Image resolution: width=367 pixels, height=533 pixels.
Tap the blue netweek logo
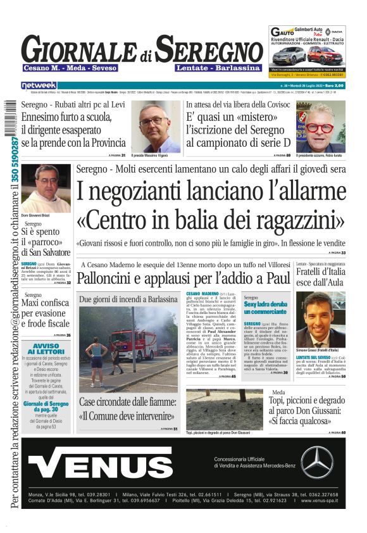coord(39,85)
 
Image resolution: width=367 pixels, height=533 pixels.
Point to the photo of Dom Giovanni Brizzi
coord(46,188)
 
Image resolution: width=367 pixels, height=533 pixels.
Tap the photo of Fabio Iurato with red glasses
coord(320,125)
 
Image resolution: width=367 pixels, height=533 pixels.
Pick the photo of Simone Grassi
coord(320,318)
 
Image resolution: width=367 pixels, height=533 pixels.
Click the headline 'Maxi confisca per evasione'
coord(46,312)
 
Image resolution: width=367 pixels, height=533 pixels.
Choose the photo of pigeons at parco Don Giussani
coord(225,409)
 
